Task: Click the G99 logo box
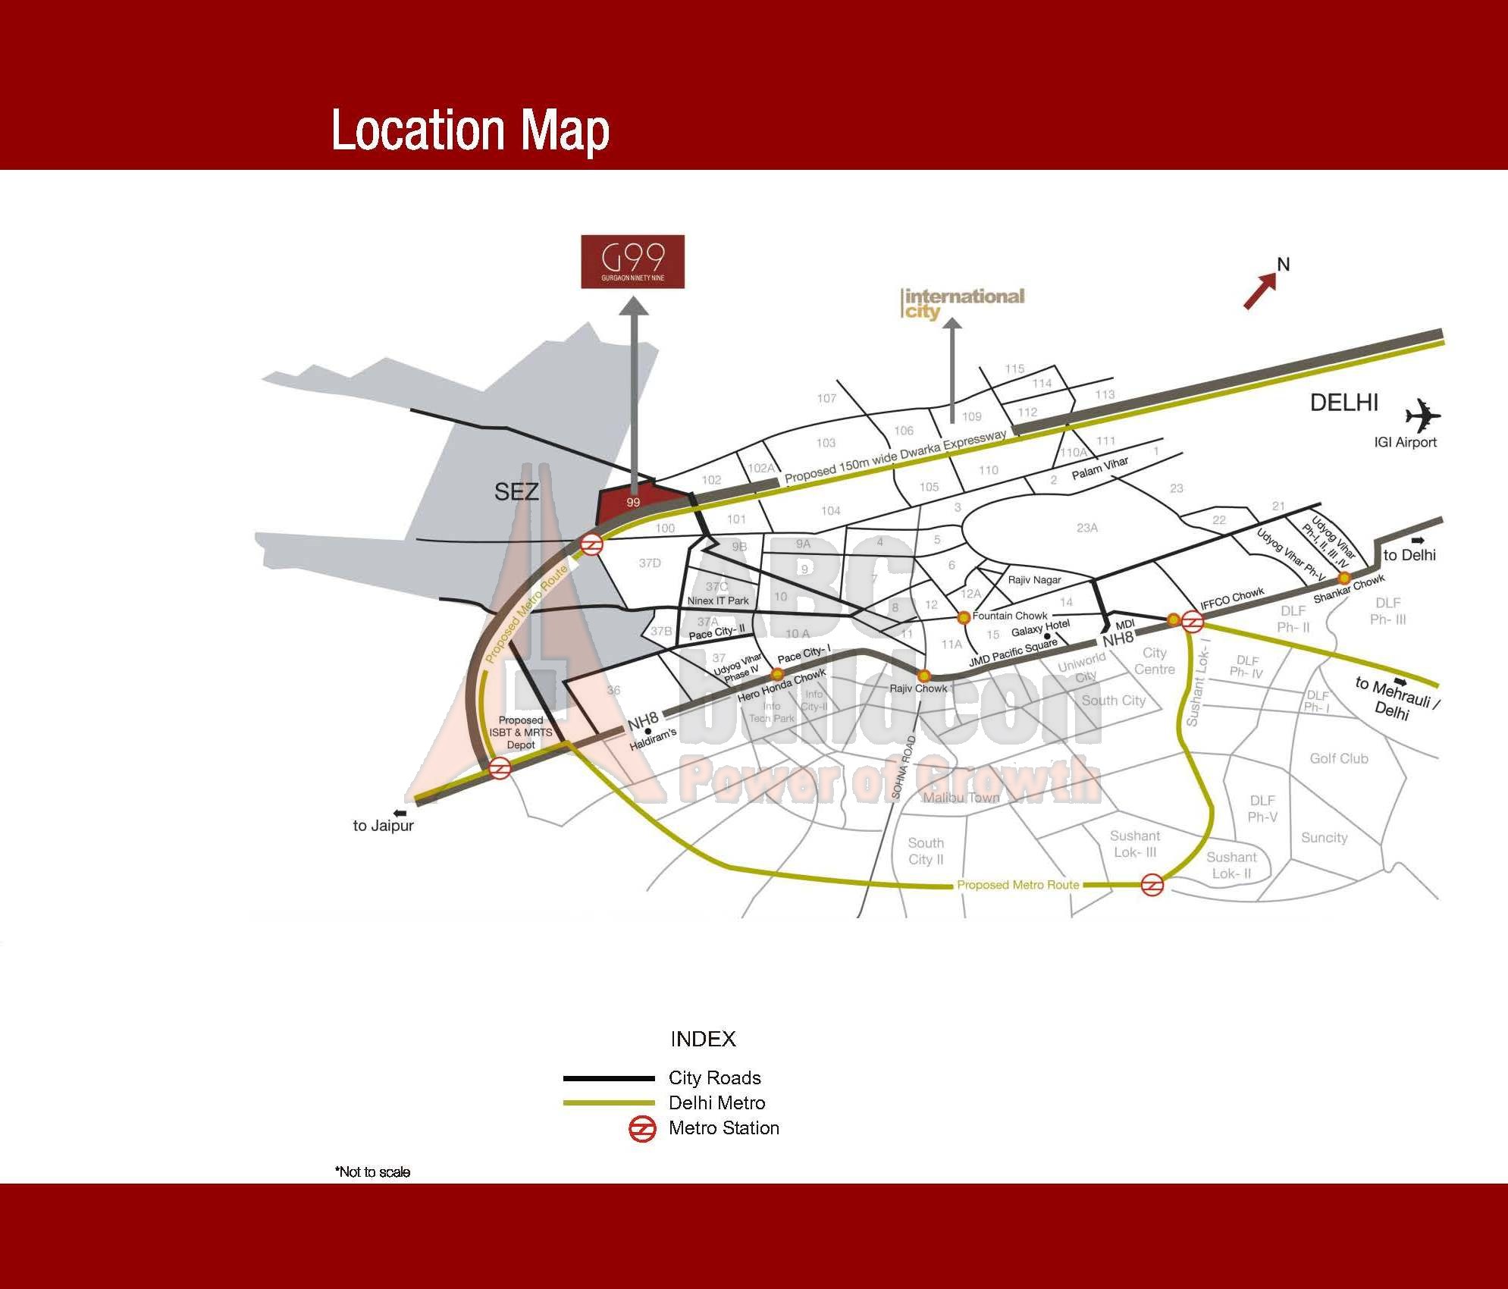tap(632, 262)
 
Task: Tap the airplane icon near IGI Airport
tap(1422, 416)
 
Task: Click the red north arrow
tap(1260, 291)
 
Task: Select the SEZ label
tap(516, 492)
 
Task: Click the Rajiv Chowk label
tap(918, 688)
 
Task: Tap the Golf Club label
tap(1338, 758)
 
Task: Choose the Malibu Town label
tap(961, 798)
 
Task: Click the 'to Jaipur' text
tap(383, 826)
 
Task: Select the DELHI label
tap(1343, 403)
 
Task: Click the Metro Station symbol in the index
tap(642, 1129)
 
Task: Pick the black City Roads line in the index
tap(609, 1078)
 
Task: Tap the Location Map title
tap(470, 130)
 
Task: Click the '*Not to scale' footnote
tap(372, 1172)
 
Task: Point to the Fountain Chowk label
tap(1009, 616)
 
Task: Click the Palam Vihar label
tap(1099, 469)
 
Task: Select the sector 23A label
tap(1086, 528)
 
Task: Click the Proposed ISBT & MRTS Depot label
tap(521, 732)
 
